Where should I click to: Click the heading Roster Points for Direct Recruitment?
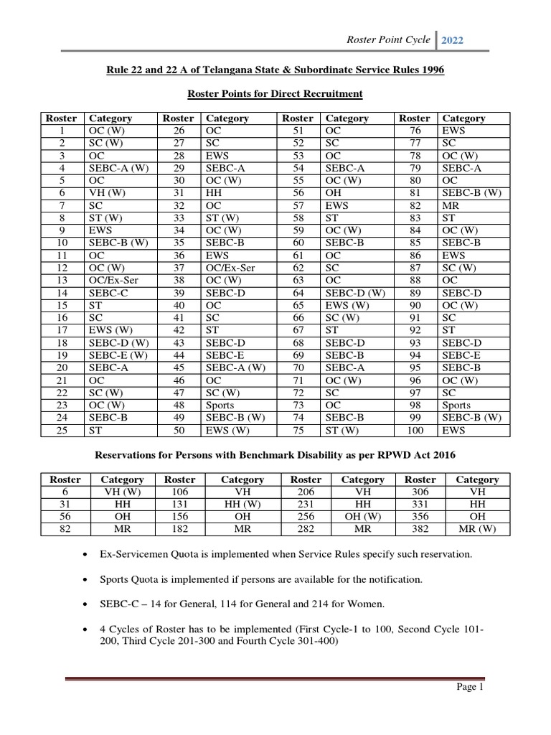(x=275, y=93)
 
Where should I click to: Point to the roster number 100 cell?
(x=416, y=430)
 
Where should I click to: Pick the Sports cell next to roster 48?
(x=220, y=405)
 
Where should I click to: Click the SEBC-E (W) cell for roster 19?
(x=116, y=355)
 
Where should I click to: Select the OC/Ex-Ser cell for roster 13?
(x=110, y=280)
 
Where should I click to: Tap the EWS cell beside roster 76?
(x=454, y=131)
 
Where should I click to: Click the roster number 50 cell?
(x=179, y=430)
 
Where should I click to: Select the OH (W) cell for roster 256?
(x=362, y=517)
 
